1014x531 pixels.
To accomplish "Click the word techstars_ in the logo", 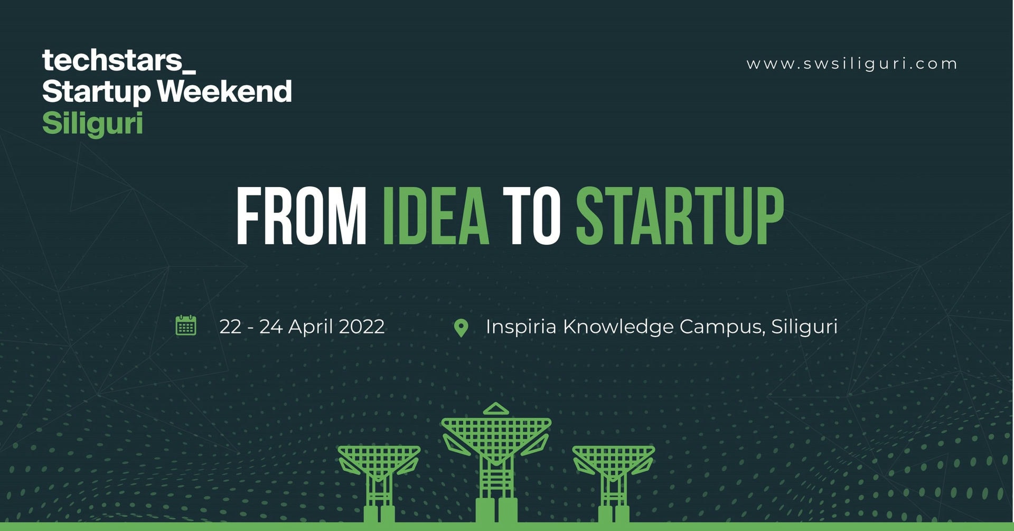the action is tap(119, 61).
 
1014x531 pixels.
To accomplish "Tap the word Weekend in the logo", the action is tap(224, 91).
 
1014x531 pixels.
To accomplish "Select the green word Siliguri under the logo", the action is tap(92, 124).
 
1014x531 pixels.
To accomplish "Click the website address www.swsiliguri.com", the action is tap(852, 64).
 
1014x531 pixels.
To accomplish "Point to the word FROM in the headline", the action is tap(301, 216).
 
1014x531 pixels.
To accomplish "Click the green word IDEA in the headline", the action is tap(436, 216).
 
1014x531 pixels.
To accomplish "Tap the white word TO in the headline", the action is tap(531, 216).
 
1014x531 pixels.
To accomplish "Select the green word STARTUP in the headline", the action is tap(680, 216).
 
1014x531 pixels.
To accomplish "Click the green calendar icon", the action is tap(186, 325).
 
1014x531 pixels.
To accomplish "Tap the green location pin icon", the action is tap(461, 328).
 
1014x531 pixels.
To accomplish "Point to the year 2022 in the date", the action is tap(362, 327).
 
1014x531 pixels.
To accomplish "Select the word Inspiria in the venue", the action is tap(521, 327).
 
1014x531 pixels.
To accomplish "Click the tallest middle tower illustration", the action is tap(496, 465).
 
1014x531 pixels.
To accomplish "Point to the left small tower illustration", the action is tap(379, 483).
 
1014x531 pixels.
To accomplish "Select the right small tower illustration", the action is tap(614, 483).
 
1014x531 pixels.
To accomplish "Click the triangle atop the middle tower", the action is tap(495, 408).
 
